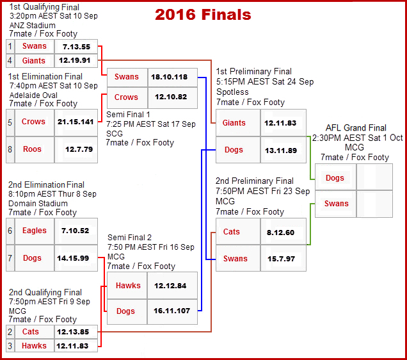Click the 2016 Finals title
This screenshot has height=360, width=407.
(x=203, y=14)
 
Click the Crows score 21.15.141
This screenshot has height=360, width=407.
(x=76, y=122)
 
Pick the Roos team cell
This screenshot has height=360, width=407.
(x=31, y=149)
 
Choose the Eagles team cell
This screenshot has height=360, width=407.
(x=31, y=231)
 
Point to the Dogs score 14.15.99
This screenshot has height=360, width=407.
(x=76, y=258)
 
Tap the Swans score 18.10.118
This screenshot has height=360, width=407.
(x=169, y=77)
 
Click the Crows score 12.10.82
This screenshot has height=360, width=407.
(x=169, y=97)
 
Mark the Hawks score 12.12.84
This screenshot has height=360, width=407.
(x=169, y=286)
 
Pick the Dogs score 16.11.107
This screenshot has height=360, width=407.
(x=169, y=311)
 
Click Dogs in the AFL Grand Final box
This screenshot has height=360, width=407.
(x=335, y=178)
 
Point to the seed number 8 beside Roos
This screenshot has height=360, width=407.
(x=10, y=149)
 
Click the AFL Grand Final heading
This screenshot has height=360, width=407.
(x=356, y=128)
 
